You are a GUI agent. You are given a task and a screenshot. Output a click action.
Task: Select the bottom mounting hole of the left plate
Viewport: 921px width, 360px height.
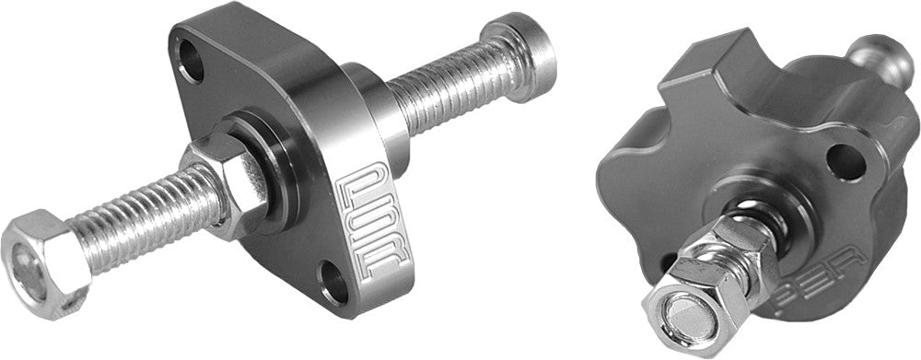point(334,285)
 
